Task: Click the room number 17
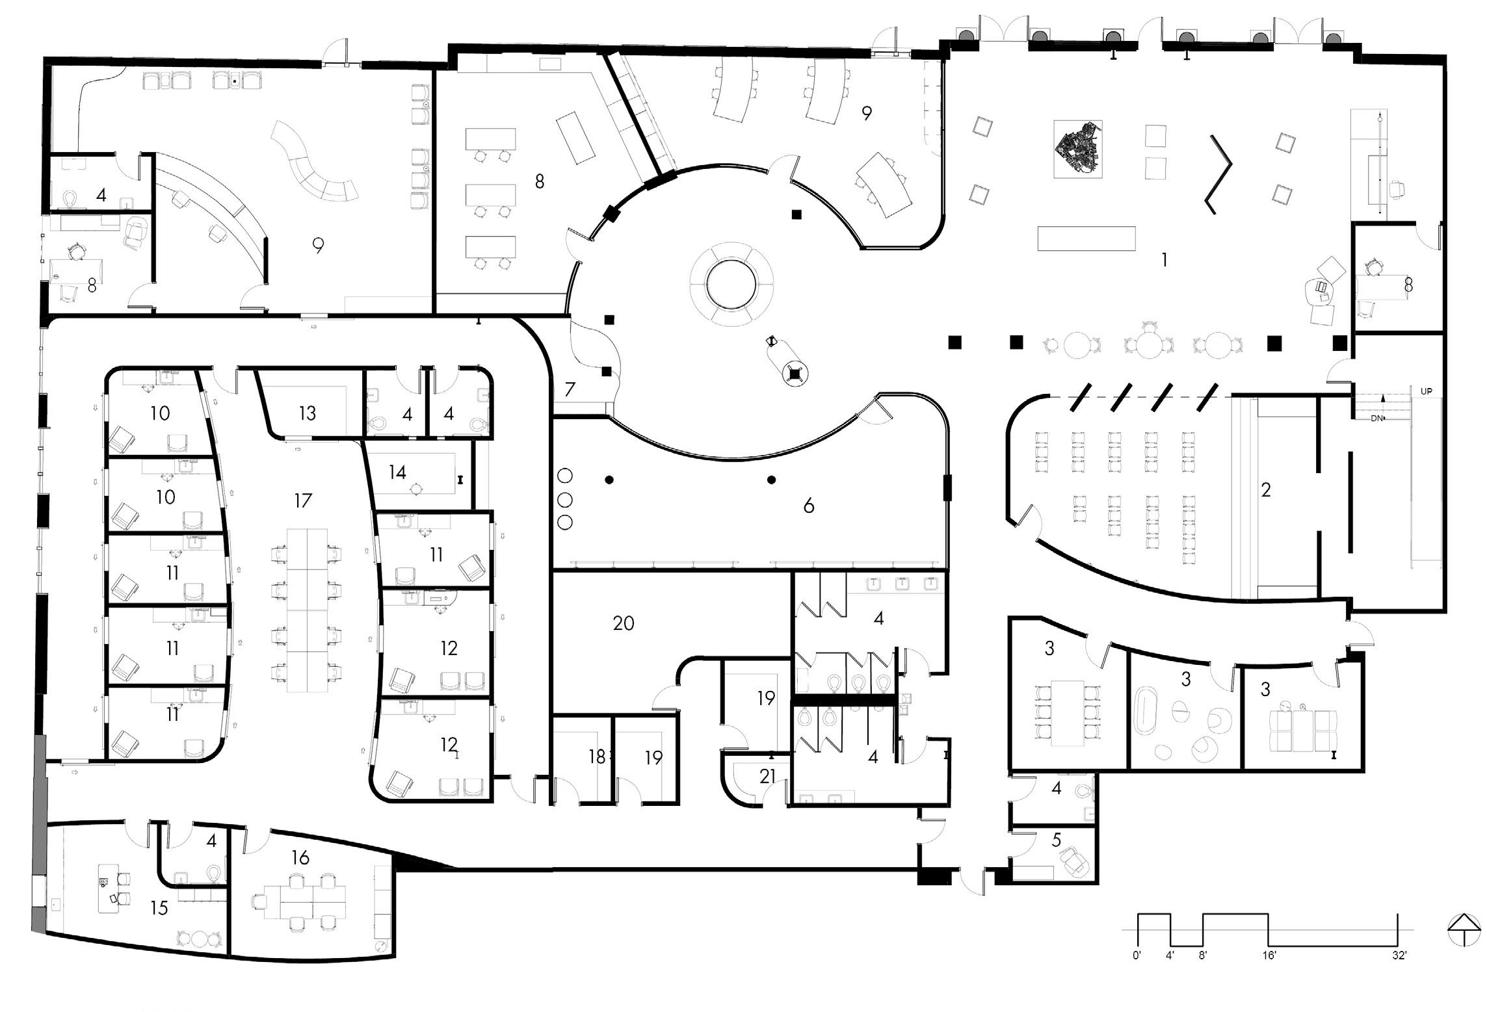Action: pyautogui.click(x=303, y=500)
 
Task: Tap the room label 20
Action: pyautogui.click(x=624, y=623)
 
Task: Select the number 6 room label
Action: pyautogui.click(x=808, y=506)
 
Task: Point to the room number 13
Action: pyautogui.click(x=308, y=413)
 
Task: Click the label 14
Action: pyautogui.click(x=398, y=472)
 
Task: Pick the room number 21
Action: pyautogui.click(x=768, y=776)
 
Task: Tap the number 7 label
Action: pyautogui.click(x=570, y=389)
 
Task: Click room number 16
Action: pyautogui.click(x=300, y=858)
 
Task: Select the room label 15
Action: pyautogui.click(x=159, y=908)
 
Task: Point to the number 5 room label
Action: pyautogui.click(x=1056, y=840)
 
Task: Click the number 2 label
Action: pyautogui.click(x=1265, y=489)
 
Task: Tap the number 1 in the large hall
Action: pyautogui.click(x=1164, y=260)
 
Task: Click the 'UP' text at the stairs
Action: pyautogui.click(x=1426, y=392)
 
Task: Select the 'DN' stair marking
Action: pyautogui.click(x=1376, y=419)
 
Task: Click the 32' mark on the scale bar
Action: pyautogui.click(x=1399, y=956)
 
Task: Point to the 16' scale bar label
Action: pyautogui.click(x=1269, y=956)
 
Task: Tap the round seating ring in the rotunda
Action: pyautogui.click(x=731, y=285)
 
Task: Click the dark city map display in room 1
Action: pyautogui.click(x=1077, y=149)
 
